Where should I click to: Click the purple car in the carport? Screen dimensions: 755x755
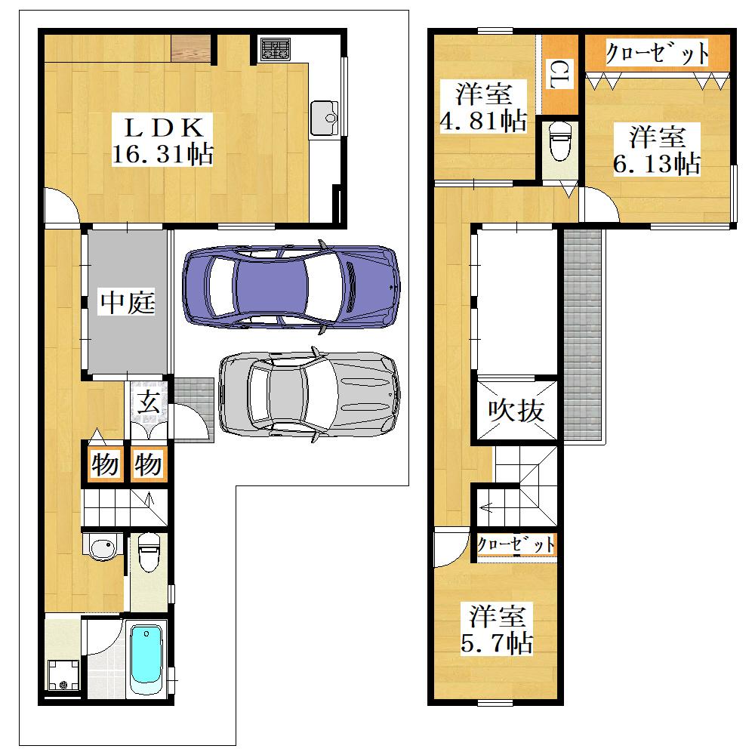coord(291,287)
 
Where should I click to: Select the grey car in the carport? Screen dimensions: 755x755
coord(309,394)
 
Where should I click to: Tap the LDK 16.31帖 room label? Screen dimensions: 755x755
coord(162,140)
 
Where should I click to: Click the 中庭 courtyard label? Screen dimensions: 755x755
coord(128,303)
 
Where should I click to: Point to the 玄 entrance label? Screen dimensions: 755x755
coord(148,402)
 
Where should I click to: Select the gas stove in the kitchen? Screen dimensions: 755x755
coord(276,50)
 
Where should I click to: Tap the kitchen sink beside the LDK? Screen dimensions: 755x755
coord(325,118)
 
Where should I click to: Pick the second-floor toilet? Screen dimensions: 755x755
coord(560,140)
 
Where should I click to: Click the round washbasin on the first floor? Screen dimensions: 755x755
coord(103,548)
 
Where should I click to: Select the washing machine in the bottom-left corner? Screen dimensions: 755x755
coord(63,675)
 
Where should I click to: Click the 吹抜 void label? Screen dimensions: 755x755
coord(516,410)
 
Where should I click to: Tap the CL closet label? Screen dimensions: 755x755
coord(560,74)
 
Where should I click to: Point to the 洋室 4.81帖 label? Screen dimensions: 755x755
coord(483,107)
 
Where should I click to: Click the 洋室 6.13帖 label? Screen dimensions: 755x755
coord(657,149)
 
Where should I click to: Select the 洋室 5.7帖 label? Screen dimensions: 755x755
coord(497,628)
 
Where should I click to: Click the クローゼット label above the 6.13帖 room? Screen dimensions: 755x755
coord(657,53)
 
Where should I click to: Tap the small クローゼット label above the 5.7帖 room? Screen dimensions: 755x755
coord(516,544)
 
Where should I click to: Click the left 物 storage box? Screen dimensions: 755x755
coord(105,464)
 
